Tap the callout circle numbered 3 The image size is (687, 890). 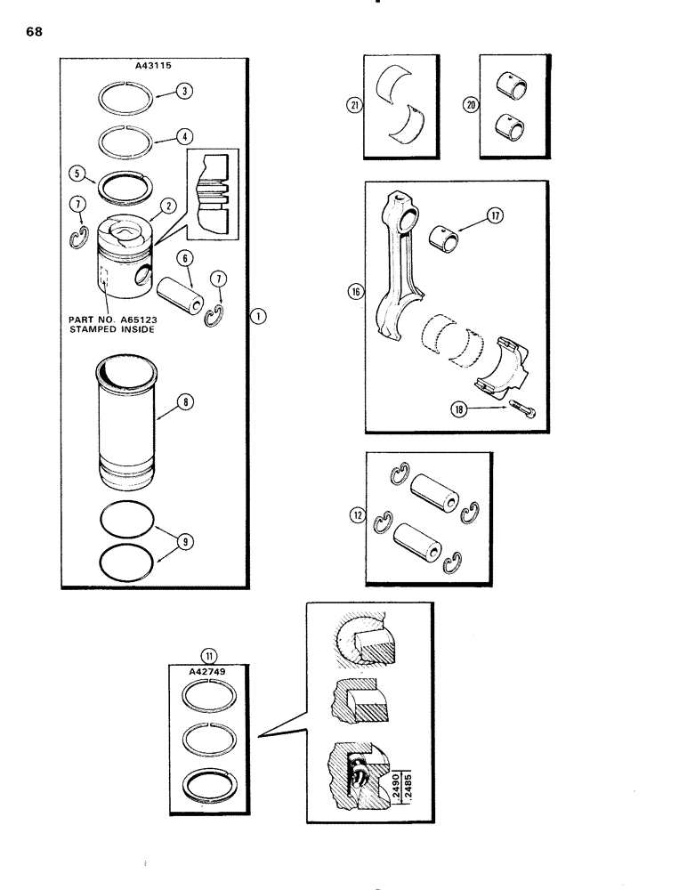184,91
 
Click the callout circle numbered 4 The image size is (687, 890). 184,138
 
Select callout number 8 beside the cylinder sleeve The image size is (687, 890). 184,402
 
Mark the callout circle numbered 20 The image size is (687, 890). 470,105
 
